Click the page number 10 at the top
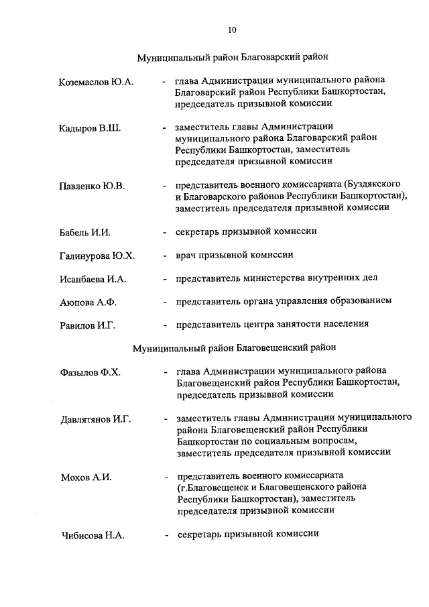coord(232,30)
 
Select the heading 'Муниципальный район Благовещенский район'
coord(235,348)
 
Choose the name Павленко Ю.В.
coord(93,186)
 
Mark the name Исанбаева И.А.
coord(93,279)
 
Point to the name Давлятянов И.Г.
coord(95,419)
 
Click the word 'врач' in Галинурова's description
coord(186,255)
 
